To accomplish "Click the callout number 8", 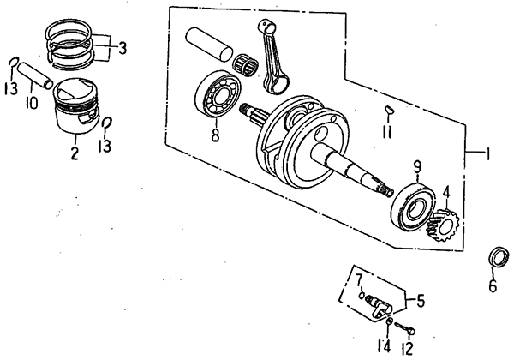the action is [215, 135].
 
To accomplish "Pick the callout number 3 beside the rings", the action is [122, 48].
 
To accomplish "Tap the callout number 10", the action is [32, 102].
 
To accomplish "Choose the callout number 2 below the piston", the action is [75, 153].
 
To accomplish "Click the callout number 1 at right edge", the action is [488, 154].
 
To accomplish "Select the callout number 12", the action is [407, 348].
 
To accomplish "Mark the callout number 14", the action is [384, 346].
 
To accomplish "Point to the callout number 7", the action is [359, 280].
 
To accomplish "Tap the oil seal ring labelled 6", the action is [499, 257].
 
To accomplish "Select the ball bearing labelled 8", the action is [218, 93].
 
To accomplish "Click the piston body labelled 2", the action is [75, 106].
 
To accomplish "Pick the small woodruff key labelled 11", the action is [389, 110].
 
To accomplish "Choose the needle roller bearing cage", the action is [246, 63].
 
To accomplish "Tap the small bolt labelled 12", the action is [405, 328].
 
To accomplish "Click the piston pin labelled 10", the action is [35, 75].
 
